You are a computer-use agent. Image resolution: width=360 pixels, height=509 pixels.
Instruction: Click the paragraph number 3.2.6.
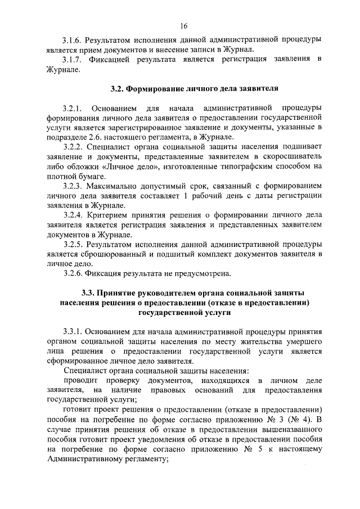click(x=74, y=274)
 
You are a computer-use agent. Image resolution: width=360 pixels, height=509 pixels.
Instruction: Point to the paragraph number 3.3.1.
click(x=74, y=332)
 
